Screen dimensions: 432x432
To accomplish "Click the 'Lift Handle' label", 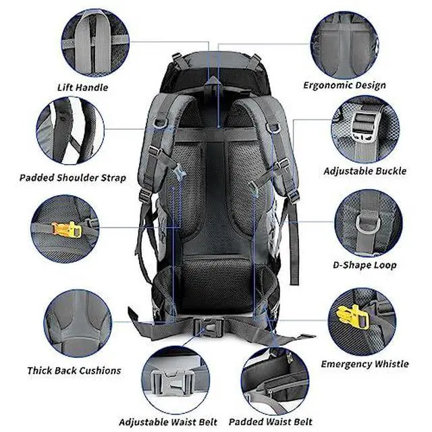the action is (x=82, y=88).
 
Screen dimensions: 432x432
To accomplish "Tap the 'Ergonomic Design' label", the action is (x=344, y=86).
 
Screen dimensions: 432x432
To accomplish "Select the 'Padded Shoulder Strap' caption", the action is (x=73, y=178).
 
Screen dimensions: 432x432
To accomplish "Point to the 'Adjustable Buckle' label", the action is (x=364, y=171).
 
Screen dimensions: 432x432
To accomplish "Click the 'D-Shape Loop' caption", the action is (x=364, y=265).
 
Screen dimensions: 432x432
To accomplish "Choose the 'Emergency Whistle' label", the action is (x=364, y=364).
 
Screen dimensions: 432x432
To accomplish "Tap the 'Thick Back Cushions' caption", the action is (x=74, y=371).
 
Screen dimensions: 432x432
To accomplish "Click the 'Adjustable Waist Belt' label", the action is (x=168, y=422).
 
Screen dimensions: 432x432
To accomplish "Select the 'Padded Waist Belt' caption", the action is (x=271, y=422).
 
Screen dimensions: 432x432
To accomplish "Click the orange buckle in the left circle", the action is (x=67, y=230).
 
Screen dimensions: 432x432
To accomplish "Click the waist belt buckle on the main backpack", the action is (x=209, y=327).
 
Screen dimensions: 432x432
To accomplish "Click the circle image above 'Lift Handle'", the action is (x=95, y=43).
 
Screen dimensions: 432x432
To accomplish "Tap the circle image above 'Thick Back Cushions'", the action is (x=78, y=323).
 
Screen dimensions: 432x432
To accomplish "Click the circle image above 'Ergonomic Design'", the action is (x=345, y=45).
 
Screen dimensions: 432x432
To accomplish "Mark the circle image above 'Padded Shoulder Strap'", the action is (x=70, y=130).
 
